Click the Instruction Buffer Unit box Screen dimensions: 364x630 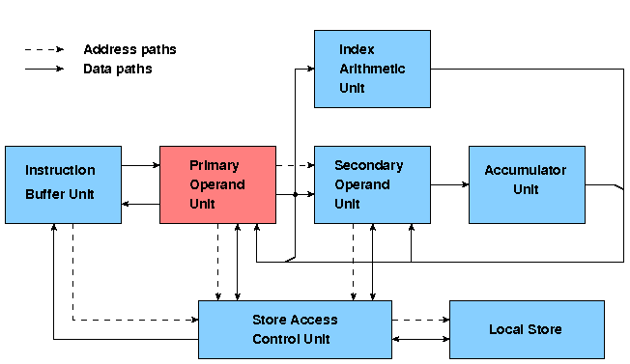[x=63, y=184]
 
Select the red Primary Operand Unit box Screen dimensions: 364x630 [x=217, y=184]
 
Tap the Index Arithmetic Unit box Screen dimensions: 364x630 [x=372, y=69]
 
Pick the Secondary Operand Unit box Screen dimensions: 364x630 [x=372, y=184]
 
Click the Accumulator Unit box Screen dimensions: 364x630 [x=527, y=184]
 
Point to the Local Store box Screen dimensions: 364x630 [x=527, y=329]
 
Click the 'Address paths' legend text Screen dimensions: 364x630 [x=129, y=49]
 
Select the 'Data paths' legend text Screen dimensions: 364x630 [x=117, y=69]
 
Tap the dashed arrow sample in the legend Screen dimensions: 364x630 [x=43, y=49]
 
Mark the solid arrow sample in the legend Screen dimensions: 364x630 [x=43, y=69]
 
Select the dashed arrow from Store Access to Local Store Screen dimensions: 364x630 [x=420, y=320]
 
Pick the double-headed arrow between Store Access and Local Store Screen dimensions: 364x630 [x=420, y=339]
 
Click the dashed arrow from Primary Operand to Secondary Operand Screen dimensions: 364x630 [x=295, y=165]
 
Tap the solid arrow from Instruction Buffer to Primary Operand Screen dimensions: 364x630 [x=140, y=165]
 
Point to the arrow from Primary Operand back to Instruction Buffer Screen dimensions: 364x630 [x=140, y=204]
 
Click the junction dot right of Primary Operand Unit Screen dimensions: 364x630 [x=295, y=194]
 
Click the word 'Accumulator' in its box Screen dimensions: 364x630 [x=526, y=170]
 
